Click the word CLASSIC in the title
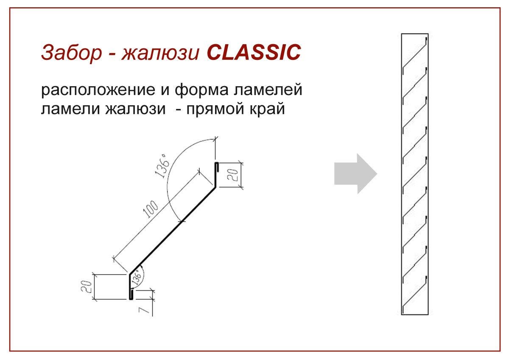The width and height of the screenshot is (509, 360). click(254, 52)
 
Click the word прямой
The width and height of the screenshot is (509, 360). click(218, 110)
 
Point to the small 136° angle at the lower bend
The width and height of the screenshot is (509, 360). click(137, 277)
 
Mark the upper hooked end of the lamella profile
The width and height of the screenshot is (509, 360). click(216, 168)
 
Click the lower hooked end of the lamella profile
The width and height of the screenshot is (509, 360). click(131, 294)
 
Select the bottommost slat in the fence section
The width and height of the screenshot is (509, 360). click(414, 298)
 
